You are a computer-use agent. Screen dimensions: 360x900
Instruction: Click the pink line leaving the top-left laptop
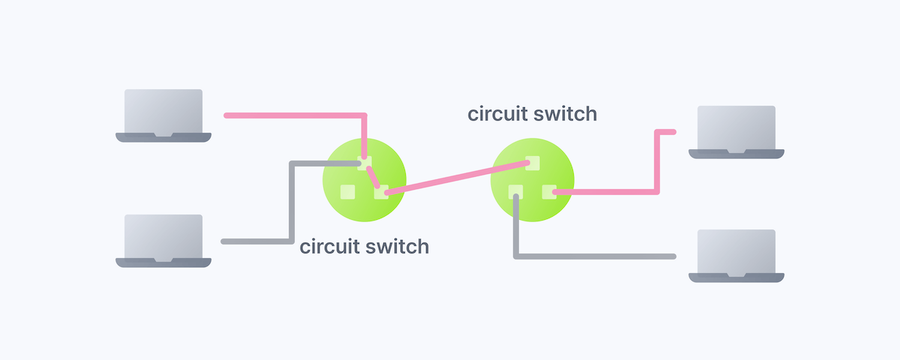(x=292, y=115)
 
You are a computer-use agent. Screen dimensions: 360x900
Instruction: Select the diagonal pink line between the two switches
(x=457, y=178)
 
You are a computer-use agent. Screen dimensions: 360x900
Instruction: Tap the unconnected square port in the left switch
(x=347, y=192)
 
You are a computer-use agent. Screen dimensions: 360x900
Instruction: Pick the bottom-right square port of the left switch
(x=382, y=192)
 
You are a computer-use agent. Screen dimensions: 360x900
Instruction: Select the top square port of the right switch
(x=533, y=162)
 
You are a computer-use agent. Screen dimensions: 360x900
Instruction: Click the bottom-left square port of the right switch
(x=515, y=191)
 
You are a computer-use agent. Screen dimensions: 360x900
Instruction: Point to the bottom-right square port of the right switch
(x=550, y=192)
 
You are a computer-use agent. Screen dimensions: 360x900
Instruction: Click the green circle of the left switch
(x=352, y=214)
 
